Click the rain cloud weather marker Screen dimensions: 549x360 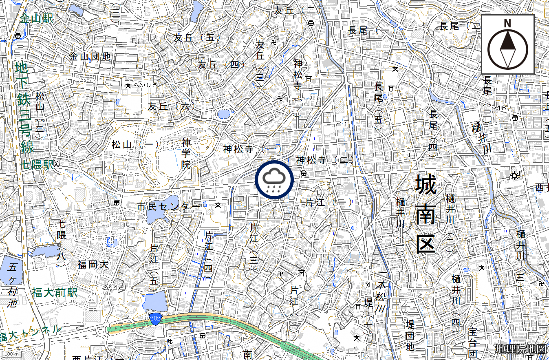pyautogui.click(x=274, y=180)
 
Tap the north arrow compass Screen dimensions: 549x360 pyautogui.click(x=507, y=44)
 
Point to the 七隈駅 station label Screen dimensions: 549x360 pyautogui.click(x=37, y=165)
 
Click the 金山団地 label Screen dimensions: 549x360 pyautogui.click(x=90, y=57)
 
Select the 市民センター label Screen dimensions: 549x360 pyautogui.click(x=169, y=206)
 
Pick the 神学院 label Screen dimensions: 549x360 pyautogui.click(x=186, y=154)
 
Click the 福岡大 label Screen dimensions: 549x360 pyautogui.click(x=93, y=265)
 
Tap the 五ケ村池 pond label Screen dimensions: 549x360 pyautogui.click(x=13, y=285)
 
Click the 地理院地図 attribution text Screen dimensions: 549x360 pyautogui.click(x=520, y=349)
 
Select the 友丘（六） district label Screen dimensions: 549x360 pyautogui.click(x=171, y=106)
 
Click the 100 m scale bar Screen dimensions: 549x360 pyautogui.click(x=11, y=353)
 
